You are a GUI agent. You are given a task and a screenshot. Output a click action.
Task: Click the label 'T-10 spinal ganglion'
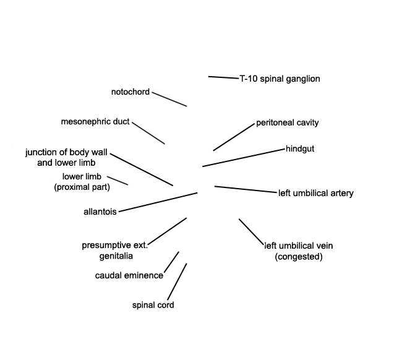click(280, 79)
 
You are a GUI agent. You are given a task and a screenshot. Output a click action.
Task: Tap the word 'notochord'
click(130, 92)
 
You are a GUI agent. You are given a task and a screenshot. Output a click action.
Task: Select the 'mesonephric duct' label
click(95, 121)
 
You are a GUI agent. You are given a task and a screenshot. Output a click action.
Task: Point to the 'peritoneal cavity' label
click(288, 122)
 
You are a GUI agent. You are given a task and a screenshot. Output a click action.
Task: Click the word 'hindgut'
click(300, 148)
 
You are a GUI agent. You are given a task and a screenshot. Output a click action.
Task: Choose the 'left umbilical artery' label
click(316, 193)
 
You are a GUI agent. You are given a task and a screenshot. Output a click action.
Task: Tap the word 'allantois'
click(100, 212)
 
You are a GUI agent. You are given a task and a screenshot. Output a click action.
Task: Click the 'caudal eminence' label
click(129, 276)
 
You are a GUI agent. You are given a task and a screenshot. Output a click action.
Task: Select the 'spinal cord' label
click(153, 305)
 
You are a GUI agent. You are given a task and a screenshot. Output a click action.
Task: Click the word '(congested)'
click(299, 257)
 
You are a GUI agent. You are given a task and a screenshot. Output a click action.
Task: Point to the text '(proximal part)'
click(82, 187)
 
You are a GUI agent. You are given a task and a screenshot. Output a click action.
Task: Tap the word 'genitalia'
click(116, 256)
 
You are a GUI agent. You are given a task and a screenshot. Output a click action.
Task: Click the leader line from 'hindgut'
click(244, 158)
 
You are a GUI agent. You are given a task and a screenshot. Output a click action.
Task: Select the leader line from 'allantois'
click(158, 202)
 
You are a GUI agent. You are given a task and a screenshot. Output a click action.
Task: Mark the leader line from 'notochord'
click(169, 99)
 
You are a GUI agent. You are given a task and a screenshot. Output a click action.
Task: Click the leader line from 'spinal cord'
click(177, 281)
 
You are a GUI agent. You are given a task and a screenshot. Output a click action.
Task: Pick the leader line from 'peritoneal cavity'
click(234, 137)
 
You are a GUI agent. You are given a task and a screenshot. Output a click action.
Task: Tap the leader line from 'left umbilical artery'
click(246, 189)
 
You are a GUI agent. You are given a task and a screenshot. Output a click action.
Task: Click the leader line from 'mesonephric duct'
click(148, 133)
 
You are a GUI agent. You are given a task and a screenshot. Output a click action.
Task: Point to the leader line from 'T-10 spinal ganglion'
click(223, 77)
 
